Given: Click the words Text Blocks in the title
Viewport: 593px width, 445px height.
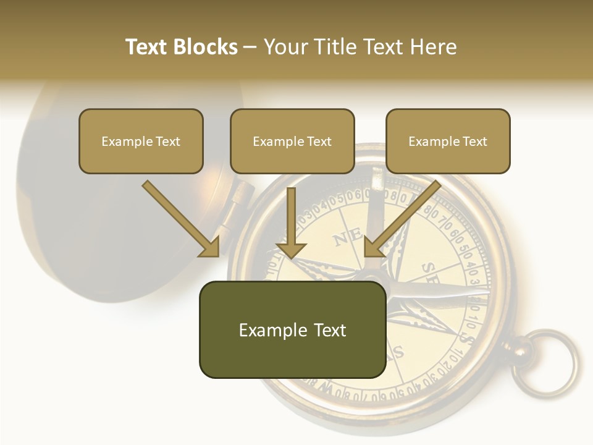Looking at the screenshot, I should click(x=181, y=47).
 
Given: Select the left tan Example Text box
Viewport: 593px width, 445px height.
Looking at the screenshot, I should click(x=141, y=141).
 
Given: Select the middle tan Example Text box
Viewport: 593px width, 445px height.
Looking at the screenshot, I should click(x=292, y=141).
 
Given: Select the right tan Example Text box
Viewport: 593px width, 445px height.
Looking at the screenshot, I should click(x=448, y=141).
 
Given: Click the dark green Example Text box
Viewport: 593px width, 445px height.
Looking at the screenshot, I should click(x=292, y=329).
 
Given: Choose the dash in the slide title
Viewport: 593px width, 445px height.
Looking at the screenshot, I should click(x=250, y=47).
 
